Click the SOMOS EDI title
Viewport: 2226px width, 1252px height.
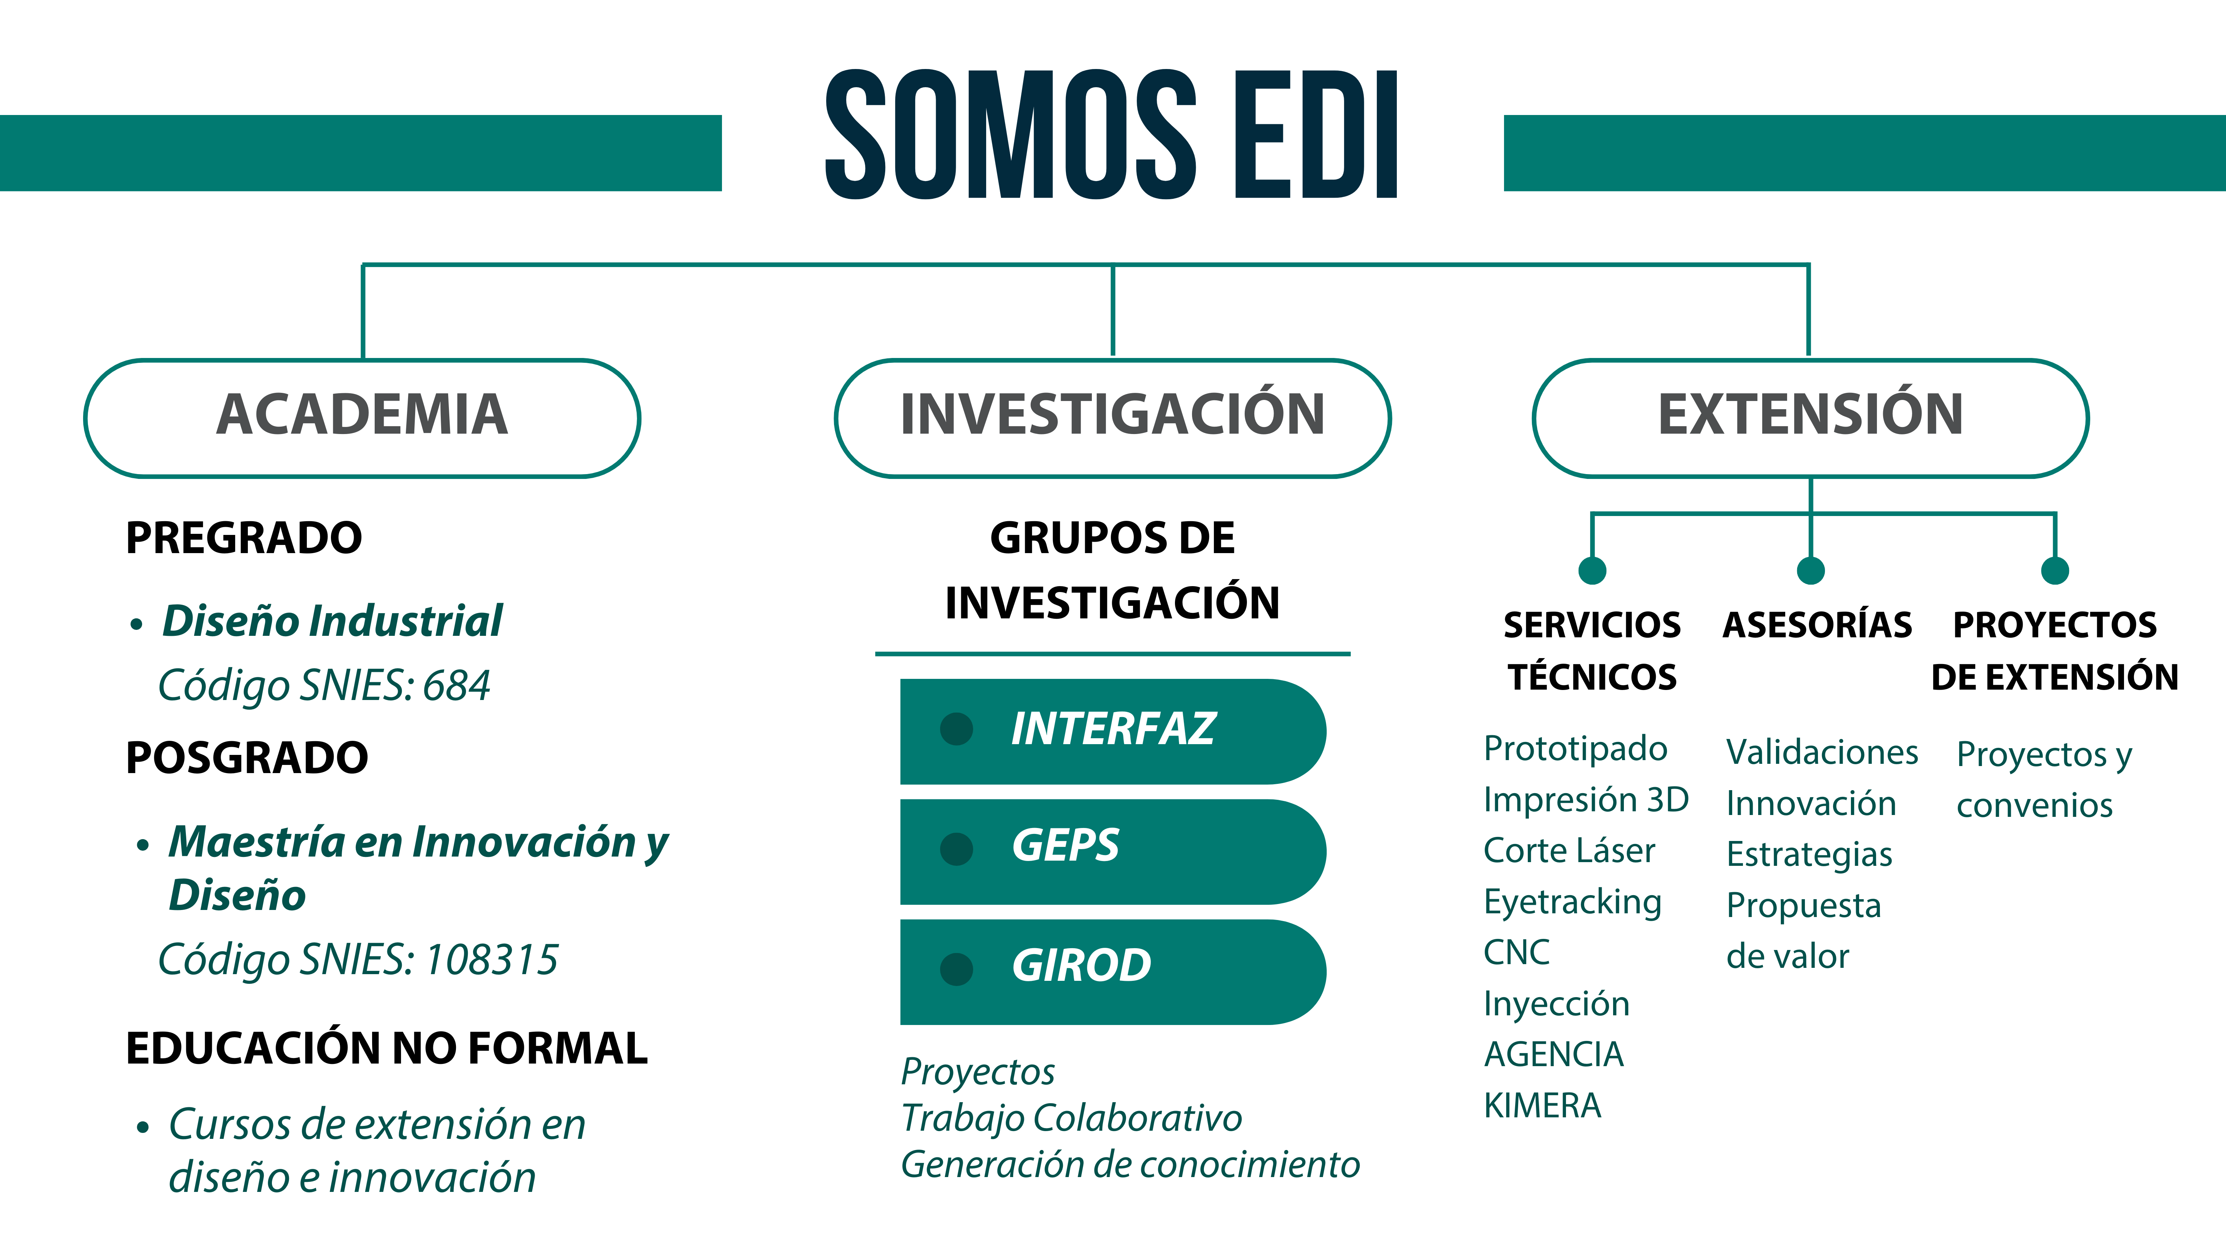point(1112,135)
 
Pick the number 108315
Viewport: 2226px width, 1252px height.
point(492,959)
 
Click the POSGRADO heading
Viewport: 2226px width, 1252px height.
point(247,758)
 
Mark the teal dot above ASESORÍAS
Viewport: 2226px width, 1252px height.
point(1810,570)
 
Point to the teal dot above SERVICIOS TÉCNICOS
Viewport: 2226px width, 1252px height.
point(1592,570)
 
